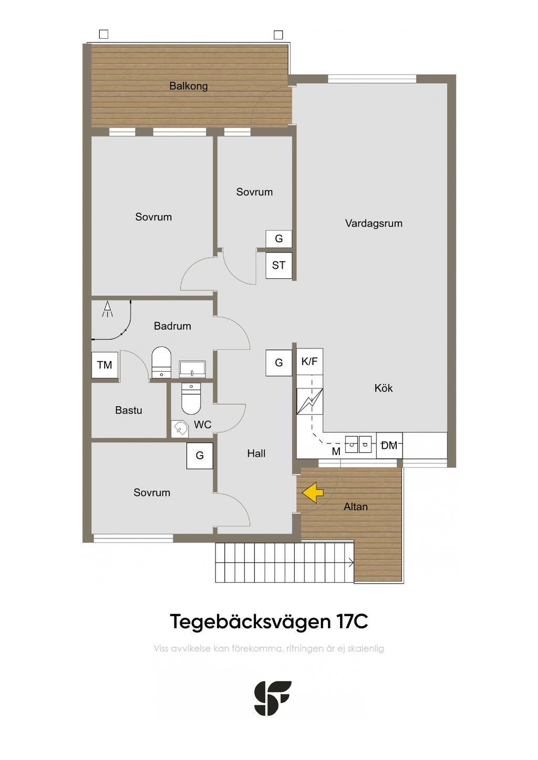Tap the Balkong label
(x=189, y=86)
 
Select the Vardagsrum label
(x=374, y=223)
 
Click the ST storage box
(x=279, y=266)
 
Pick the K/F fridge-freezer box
(x=309, y=361)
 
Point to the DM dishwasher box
(x=389, y=445)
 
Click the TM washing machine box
(x=105, y=365)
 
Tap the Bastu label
(x=128, y=410)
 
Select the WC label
(x=202, y=425)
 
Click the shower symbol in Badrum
(x=107, y=309)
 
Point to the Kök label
(x=384, y=388)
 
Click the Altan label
(x=356, y=506)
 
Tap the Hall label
(x=256, y=453)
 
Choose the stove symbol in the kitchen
(x=310, y=402)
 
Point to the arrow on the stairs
(x=350, y=563)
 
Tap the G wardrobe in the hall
(x=279, y=363)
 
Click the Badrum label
(x=172, y=326)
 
